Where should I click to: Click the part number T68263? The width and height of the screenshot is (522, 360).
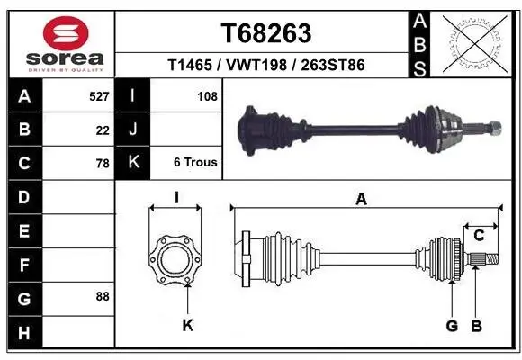[x=265, y=33]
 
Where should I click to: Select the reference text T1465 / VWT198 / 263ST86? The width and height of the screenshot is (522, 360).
[x=265, y=65]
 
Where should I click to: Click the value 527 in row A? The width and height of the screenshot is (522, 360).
[x=100, y=96]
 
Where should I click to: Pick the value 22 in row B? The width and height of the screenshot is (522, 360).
[x=103, y=130]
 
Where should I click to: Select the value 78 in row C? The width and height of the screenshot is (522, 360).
[x=103, y=163]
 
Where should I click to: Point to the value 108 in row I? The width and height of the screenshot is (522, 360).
[x=207, y=96]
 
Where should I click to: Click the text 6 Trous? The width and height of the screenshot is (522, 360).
[x=195, y=163]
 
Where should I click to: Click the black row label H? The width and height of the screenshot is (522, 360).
[x=23, y=333]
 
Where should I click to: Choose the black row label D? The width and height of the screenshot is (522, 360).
[x=23, y=197]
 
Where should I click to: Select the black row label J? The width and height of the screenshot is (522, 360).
[x=133, y=130]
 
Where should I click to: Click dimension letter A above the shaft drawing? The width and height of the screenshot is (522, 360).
[x=362, y=200]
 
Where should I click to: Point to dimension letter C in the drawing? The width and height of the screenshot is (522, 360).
[x=480, y=236]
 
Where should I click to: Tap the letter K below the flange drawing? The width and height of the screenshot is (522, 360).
[x=188, y=326]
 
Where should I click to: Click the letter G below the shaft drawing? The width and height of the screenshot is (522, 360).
[x=452, y=326]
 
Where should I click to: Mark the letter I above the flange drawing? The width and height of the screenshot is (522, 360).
[x=176, y=197]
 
